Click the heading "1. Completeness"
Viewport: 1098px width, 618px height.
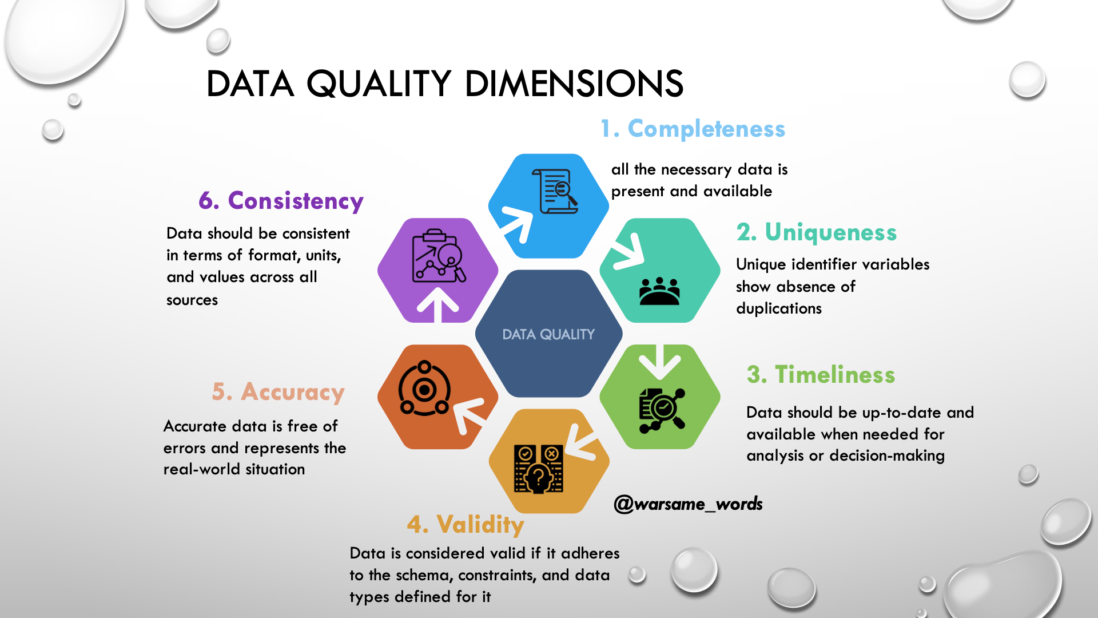(x=693, y=129)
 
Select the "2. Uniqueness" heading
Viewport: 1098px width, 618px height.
(x=817, y=233)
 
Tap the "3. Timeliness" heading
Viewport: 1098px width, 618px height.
(x=821, y=375)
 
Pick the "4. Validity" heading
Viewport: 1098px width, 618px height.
(x=466, y=525)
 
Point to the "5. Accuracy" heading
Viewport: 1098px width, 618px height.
(x=279, y=393)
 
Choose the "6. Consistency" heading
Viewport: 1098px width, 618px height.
(x=281, y=201)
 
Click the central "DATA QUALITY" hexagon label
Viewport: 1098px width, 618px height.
(x=548, y=335)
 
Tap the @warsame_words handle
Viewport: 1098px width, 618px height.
(x=688, y=504)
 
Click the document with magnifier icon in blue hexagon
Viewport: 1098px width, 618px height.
(x=555, y=191)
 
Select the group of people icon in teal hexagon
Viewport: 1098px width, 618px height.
(x=659, y=291)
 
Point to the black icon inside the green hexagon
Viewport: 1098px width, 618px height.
(x=662, y=410)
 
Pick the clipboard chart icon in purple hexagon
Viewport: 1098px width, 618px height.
(x=439, y=256)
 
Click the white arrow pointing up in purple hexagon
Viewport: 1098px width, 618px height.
(x=438, y=305)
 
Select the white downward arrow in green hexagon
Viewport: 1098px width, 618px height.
(x=659, y=362)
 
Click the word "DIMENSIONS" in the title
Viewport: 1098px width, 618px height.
(x=574, y=84)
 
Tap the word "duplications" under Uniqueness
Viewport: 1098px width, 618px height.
(x=779, y=309)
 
